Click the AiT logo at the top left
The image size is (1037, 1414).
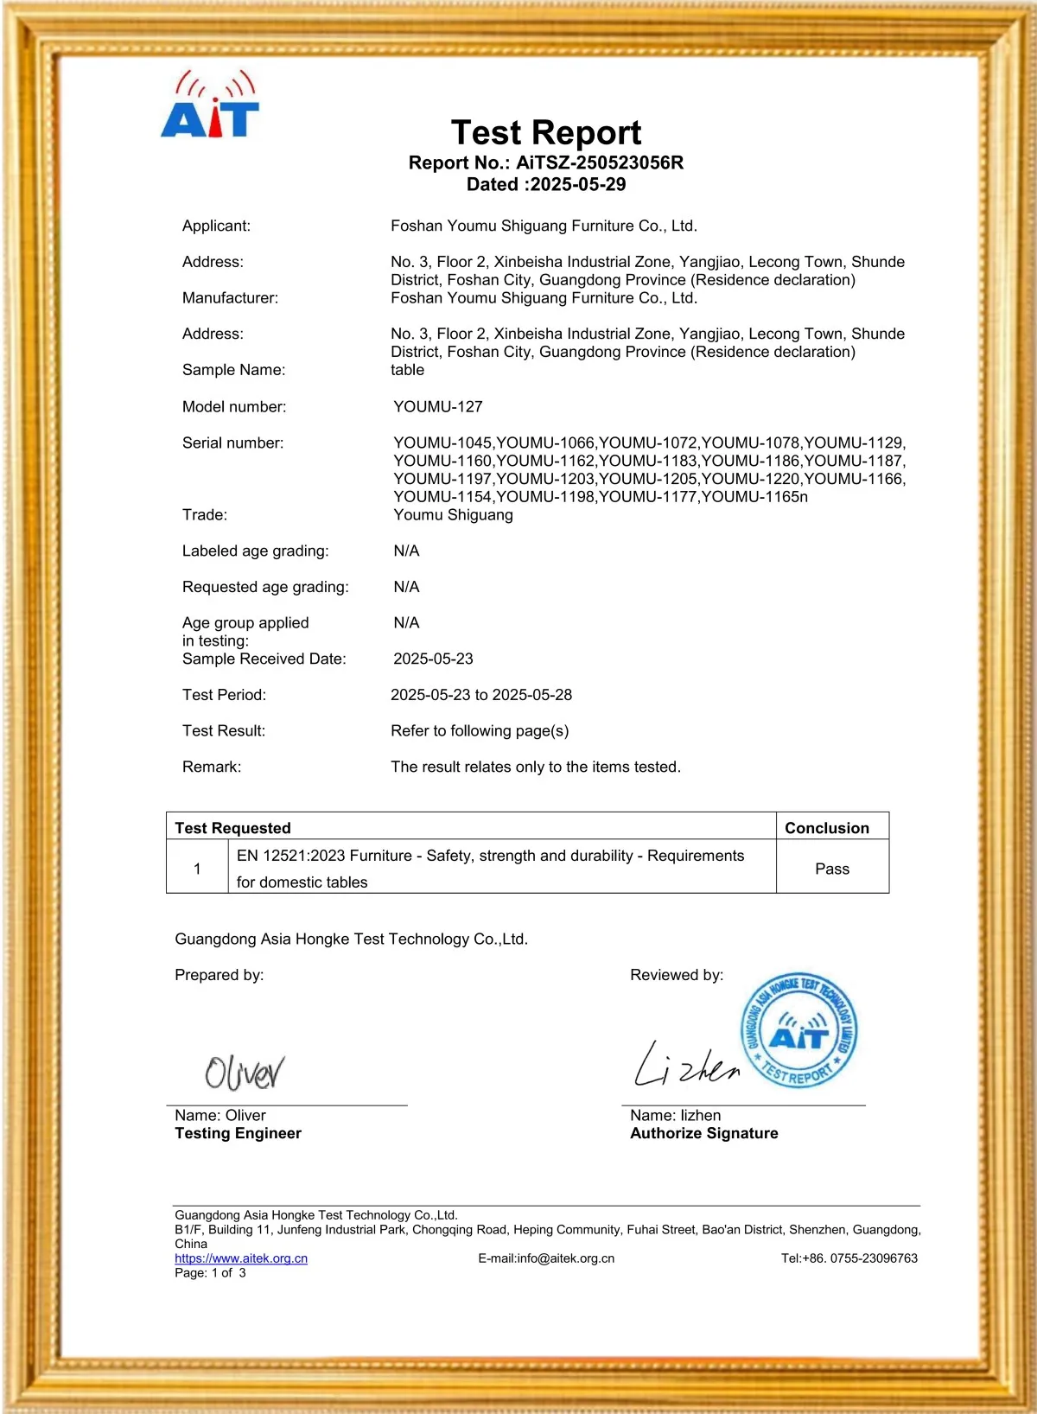(x=210, y=106)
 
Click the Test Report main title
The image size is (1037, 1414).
(x=546, y=133)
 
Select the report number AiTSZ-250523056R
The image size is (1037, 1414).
(x=599, y=162)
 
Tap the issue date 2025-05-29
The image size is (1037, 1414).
(x=577, y=184)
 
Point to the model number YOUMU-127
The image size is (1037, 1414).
(x=437, y=406)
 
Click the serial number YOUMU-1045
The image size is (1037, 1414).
(x=442, y=443)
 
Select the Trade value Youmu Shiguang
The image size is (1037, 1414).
(x=453, y=514)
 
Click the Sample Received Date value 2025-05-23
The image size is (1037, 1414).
(x=433, y=659)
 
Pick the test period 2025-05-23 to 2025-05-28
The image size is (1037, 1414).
(x=480, y=695)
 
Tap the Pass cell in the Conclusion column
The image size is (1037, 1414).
(x=831, y=869)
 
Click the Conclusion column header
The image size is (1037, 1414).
(x=826, y=828)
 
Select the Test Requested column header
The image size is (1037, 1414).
(x=232, y=828)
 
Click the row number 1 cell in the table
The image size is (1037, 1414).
(x=197, y=869)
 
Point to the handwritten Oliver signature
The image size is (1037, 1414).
(x=245, y=1072)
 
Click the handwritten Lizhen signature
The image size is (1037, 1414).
(x=687, y=1066)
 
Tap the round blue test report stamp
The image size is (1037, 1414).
(x=799, y=1029)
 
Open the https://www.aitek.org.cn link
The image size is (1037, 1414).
(x=241, y=1258)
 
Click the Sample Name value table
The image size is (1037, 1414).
(x=407, y=370)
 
